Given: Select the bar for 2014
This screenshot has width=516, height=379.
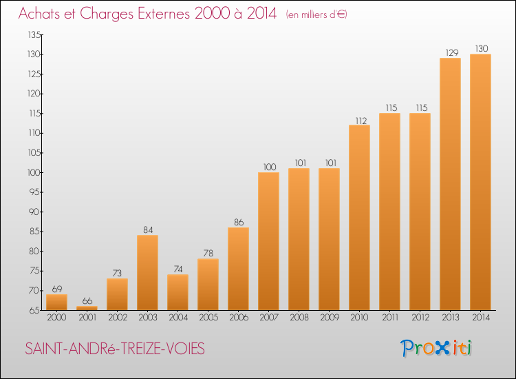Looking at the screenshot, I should pyautogui.click(x=480, y=182).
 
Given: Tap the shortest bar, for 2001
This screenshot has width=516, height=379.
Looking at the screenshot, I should pyautogui.click(x=87, y=308).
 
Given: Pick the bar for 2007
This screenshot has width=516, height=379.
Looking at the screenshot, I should pyautogui.click(x=268, y=241).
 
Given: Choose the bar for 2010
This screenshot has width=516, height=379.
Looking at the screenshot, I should pyautogui.click(x=359, y=217).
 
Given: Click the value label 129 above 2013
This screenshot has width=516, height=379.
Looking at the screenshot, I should pyautogui.click(x=450, y=52).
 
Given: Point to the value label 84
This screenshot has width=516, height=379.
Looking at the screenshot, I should pyautogui.click(x=147, y=229).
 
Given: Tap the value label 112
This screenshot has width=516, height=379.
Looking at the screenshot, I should pyautogui.click(x=359, y=119).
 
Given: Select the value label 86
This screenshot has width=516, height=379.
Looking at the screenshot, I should pyautogui.click(x=238, y=222).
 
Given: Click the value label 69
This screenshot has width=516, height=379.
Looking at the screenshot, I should pyautogui.click(x=56, y=289).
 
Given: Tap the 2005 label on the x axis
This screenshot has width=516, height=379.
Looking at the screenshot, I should pyautogui.click(x=208, y=318).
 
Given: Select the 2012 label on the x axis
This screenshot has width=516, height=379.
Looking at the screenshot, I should pyautogui.click(x=420, y=318).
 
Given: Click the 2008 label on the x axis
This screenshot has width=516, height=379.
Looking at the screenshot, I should pyautogui.click(x=299, y=318).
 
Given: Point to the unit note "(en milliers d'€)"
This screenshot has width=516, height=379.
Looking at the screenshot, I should pyautogui.click(x=316, y=14).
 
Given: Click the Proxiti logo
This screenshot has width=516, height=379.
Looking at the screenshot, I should pyautogui.click(x=437, y=348).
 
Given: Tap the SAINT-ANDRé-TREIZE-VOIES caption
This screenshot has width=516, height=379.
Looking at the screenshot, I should pyautogui.click(x=115, y=349).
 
